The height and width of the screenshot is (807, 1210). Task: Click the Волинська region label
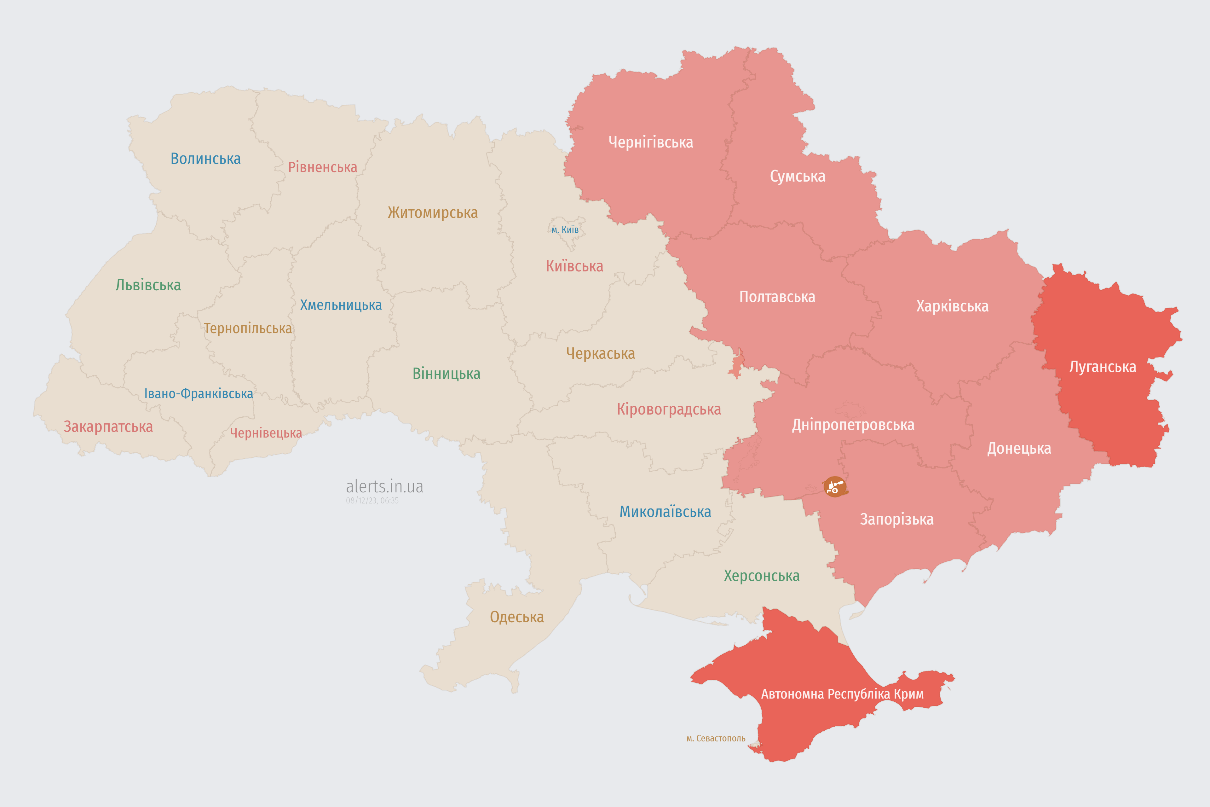[205, 159]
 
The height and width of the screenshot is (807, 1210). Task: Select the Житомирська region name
[433, 212]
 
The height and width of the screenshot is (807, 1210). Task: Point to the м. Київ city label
[565, 229]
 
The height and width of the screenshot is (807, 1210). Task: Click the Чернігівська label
[650, 142]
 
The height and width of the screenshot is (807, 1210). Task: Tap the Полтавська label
[777, 297]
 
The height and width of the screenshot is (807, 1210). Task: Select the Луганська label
[1103, 367]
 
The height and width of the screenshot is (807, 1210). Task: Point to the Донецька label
[1019, 448]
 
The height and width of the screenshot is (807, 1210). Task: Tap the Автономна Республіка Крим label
[842, 694]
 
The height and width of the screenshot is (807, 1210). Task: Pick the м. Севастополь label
[716, 739]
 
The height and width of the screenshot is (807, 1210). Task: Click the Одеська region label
[516, 617]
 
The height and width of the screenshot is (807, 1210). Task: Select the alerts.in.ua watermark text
[384, 486]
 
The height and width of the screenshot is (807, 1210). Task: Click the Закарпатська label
[108, 427]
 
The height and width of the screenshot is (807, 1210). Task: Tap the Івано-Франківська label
[199, 394]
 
